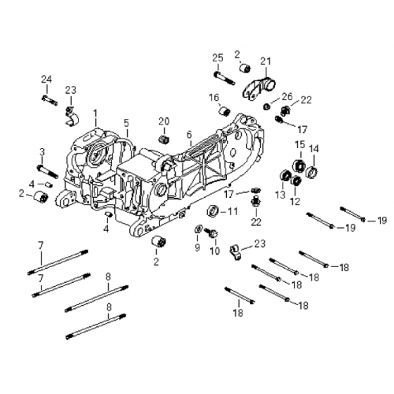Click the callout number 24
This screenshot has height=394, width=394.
[x=46, y=78]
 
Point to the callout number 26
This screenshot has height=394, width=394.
[x=286, y=96]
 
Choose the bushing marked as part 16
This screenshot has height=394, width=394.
[x=225, y=109]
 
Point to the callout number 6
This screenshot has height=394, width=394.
[x=189, y=135]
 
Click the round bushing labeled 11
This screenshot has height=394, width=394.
[x=213, y=211]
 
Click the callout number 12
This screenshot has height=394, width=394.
[x=295, y=202]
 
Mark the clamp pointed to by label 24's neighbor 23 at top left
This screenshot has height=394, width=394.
[x=69, y=116]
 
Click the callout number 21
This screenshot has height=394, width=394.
[x=265, y=61]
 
